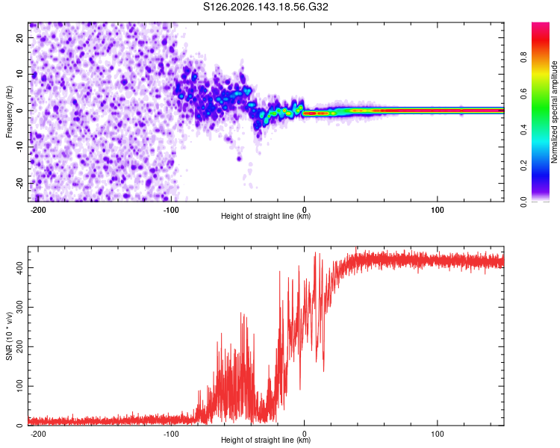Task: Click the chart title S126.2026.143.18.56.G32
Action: coord(265,7)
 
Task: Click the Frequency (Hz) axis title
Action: coord(9,112)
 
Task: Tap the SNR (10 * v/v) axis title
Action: coord(9,336)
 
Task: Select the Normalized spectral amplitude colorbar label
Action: coord(554,112)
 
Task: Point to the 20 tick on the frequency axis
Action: coord(19,38)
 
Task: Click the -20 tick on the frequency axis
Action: coord(19,183)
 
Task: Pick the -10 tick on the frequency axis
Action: coord(19,147)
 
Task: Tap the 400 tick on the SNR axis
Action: coord(19,267)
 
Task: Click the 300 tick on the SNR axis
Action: coord(19,307)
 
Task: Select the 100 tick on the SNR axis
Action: coord(19,386)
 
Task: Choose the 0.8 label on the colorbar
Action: coord(523,57)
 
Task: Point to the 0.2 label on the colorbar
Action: coord(523,166)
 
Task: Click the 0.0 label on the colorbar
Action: coord(523,202)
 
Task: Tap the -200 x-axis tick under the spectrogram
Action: coord(37,210)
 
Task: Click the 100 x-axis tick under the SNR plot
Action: coord(437,434)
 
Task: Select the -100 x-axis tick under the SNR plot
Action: coord(171,434)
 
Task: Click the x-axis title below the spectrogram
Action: coord(266,216)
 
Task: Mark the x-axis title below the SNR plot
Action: coord(266,440)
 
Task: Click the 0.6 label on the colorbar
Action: coord(523,93)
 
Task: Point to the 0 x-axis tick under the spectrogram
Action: coord(305,210)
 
